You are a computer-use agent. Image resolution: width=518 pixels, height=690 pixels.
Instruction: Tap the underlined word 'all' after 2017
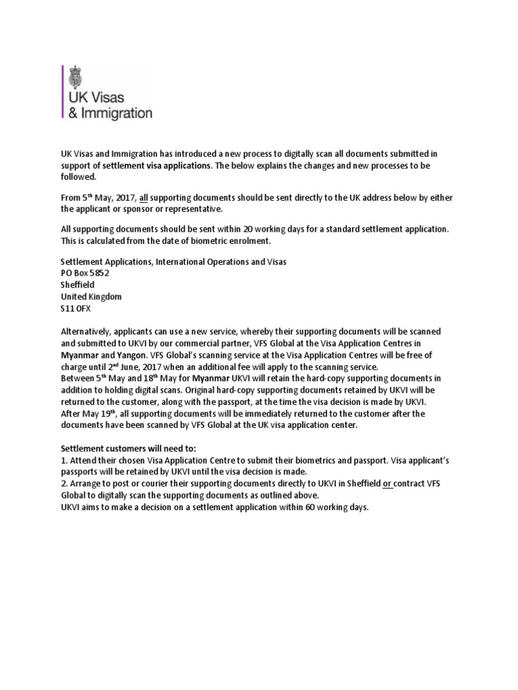[143, 197]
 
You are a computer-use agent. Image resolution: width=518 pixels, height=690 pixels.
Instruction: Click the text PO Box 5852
[85, 274]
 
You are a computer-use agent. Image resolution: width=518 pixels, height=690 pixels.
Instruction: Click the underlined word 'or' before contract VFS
[388, 484]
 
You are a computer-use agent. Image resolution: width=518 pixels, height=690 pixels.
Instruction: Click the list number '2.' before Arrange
[65, 484]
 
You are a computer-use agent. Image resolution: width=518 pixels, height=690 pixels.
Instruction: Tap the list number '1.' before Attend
[64, 462]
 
